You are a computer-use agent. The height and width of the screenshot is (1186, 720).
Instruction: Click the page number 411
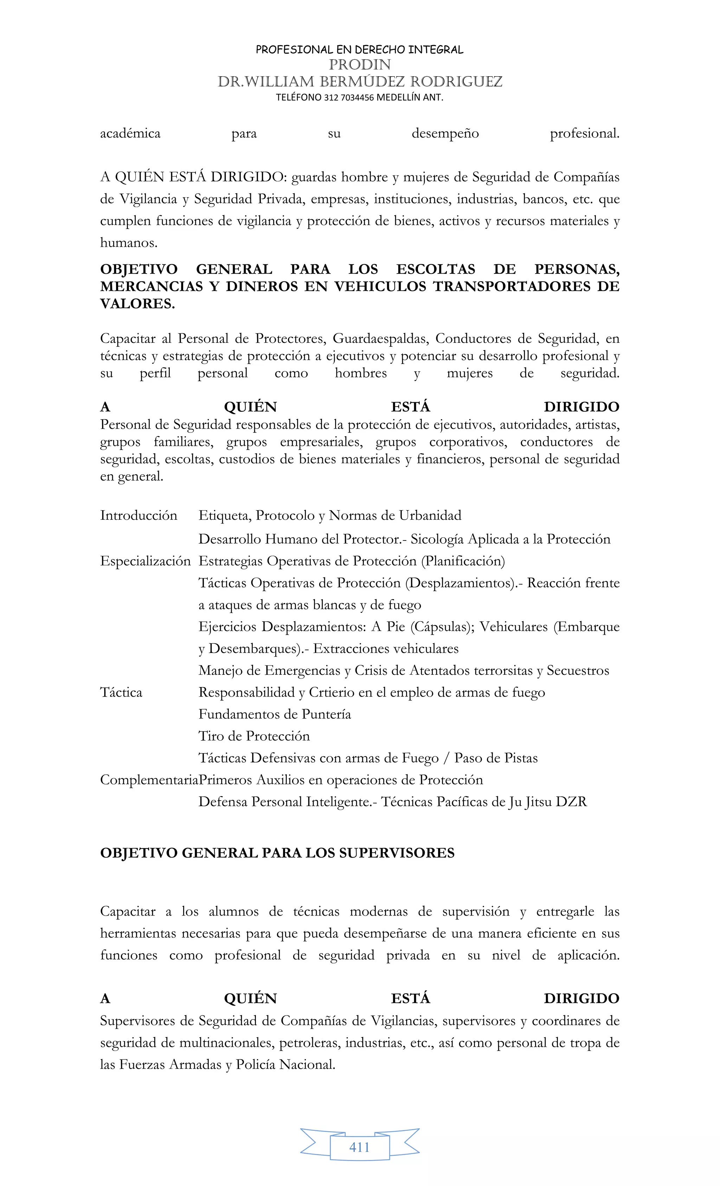pos(360,1147)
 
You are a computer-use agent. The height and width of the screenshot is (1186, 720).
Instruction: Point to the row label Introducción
pos(139,515)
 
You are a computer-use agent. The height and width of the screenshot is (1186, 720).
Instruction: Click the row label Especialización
pos(145,561)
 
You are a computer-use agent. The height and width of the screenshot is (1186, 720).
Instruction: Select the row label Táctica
pos(121,693)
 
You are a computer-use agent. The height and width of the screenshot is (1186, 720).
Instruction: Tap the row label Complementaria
pos(149,780)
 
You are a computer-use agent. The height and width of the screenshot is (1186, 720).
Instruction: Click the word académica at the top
pos(130,133)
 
